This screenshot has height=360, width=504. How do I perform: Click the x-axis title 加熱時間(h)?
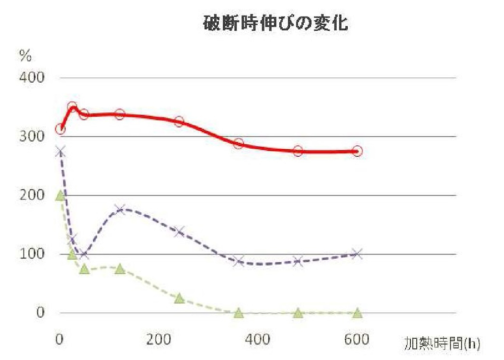point(442,344)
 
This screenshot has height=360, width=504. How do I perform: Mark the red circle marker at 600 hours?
point(357,151)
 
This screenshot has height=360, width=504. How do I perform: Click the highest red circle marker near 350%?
point(72,107)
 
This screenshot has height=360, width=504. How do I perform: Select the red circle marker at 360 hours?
point(238,144)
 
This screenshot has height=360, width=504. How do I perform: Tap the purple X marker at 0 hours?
point(60,151)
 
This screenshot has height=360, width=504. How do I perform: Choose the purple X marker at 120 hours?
point(119,210)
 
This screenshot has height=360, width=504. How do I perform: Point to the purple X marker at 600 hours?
point(357,254)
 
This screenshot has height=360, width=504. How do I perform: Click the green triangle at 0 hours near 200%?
point(60,195)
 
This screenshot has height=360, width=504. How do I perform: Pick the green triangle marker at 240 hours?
point(179,298)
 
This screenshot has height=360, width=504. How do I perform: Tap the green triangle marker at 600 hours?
point(357,313)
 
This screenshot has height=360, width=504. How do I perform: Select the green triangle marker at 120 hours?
point(119,269)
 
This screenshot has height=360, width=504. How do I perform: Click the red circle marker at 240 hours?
point(179,122)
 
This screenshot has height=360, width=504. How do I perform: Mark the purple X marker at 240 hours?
point(179,232)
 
